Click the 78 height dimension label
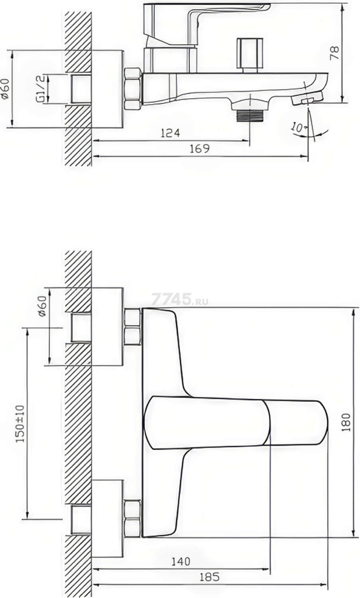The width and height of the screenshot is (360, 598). (x=334, y=53)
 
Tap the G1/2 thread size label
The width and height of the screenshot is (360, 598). (x=40, y=89)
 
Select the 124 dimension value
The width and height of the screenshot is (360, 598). (x=170, y=133)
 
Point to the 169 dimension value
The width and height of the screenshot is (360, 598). (x=200, y=148)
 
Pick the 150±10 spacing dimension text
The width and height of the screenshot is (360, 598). (x=20, y=423)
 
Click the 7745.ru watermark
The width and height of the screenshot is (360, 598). (x=180, y=299)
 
